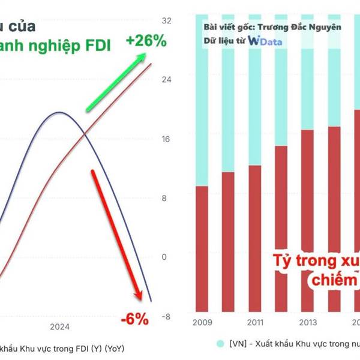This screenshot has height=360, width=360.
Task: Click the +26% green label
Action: point(146,41)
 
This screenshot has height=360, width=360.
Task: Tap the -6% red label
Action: point(134,319)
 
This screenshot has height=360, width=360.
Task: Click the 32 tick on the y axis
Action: point(167,20)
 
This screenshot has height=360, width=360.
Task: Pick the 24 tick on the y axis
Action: point(167,79)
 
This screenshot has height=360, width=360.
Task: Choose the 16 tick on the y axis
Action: point(167,139)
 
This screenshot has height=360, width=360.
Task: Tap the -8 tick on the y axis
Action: point(167,317)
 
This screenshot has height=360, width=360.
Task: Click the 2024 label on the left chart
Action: point(60,327)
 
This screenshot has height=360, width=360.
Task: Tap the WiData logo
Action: point(265,41)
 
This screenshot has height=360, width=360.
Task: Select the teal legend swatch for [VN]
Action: point(221,343)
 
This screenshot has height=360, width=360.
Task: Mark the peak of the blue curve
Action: point(59,112)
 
